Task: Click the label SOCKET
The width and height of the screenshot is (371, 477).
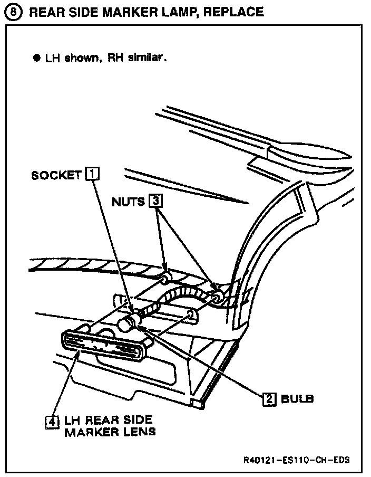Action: pyautogui.click(x=55, y=175)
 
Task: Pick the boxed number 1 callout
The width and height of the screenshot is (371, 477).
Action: pyautogui.click(x=92, y=174)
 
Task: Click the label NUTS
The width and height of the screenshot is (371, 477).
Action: pyautogui.click(x=128, y=202)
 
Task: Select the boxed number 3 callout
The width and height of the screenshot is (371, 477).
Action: pyautogui.click(x=155, y=201)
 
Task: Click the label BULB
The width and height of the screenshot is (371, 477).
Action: pyautogui.click(x=297, y=399)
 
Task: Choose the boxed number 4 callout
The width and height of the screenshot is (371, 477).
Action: pyautogui.click(x=51, y=422)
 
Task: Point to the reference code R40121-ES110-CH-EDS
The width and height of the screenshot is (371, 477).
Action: pyautogui.click(x=297, y=459)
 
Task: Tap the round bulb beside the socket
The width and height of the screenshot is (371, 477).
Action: pyautogui.click(x=126, y=324)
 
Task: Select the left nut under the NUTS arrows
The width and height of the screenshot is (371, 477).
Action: pyautogui.click(x=165, y=278)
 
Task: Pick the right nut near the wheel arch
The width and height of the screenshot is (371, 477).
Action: pyautogui.click(x=216, y=299)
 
